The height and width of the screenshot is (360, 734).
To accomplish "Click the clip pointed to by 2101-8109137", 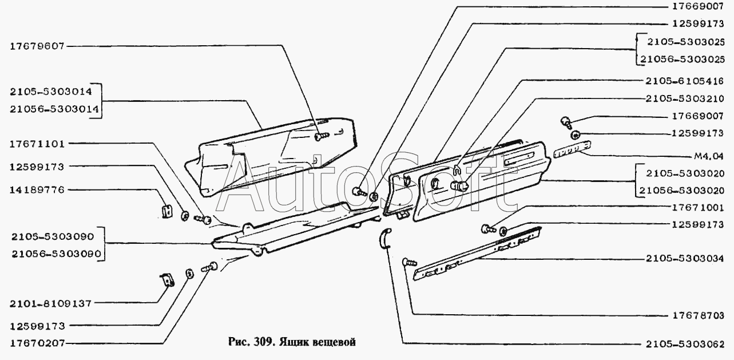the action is [x=167, y=280].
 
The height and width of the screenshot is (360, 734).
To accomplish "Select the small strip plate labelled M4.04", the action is [x=572, y=149].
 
